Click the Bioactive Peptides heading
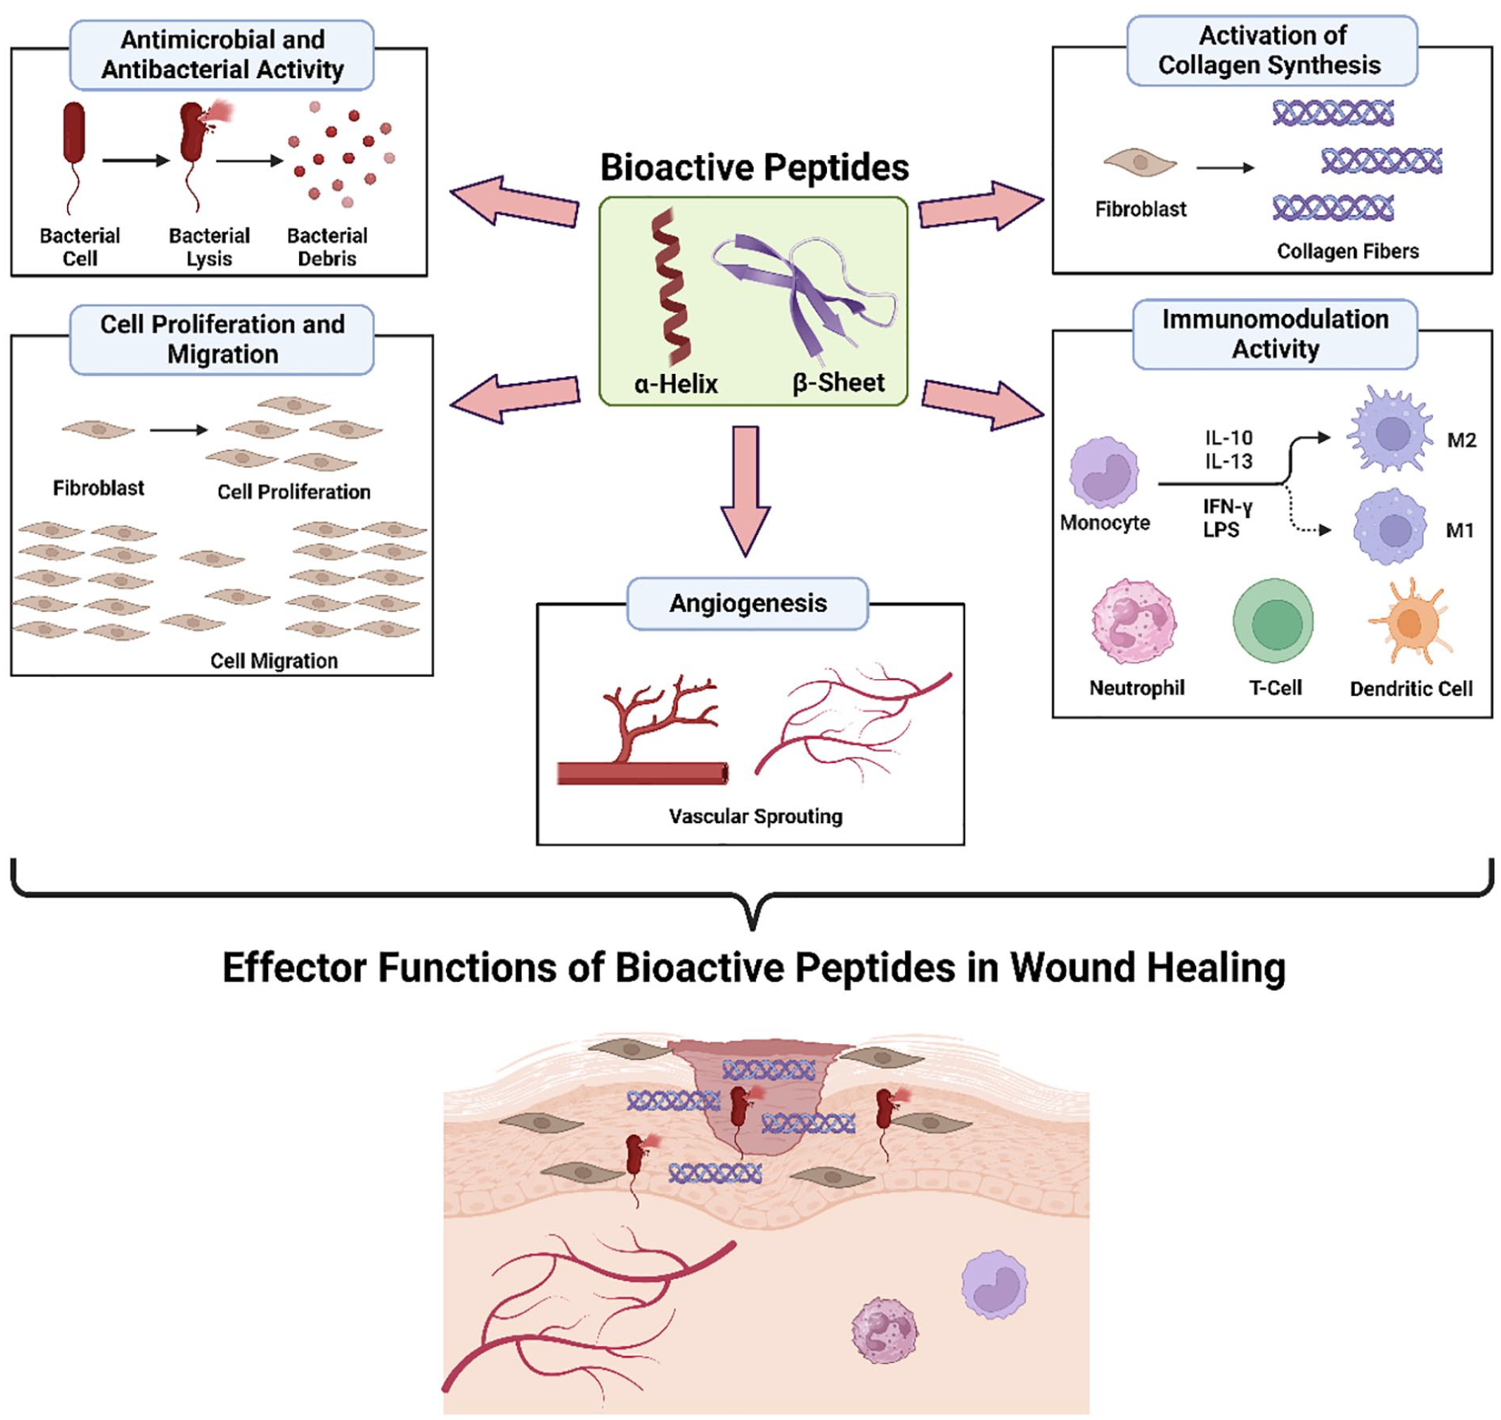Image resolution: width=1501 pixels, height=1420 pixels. tap(754, 167)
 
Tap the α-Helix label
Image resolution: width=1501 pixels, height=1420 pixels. tap(675, 383)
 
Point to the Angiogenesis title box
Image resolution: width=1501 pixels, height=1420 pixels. tap(747, 604)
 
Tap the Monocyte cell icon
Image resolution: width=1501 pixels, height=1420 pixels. tap(1104, 472)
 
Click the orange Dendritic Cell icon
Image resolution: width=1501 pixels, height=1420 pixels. tap(1409, 622)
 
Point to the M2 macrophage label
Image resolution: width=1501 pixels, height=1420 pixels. tap(1461, 440)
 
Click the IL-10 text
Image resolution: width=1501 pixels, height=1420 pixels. tap(1229, 437)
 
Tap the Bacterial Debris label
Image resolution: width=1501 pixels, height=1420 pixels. tap(327, 247)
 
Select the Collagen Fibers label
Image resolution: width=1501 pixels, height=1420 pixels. tap(1347, 250)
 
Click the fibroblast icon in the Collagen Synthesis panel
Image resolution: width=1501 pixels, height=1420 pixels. tap(1139, 163)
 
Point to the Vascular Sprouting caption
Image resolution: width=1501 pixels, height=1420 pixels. tap(755, 816)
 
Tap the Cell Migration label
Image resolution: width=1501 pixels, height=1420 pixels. tap(274, 660)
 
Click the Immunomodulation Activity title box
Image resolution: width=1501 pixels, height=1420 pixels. tap(1275, 334)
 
